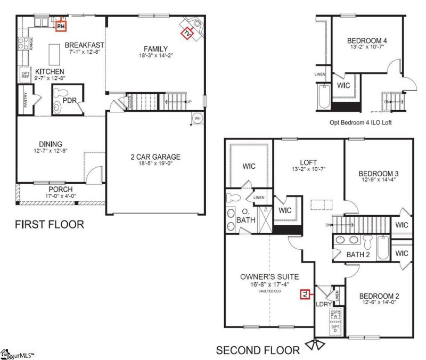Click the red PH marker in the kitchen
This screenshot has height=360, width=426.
coord(61,25)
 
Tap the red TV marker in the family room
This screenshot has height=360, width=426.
coord(187,34)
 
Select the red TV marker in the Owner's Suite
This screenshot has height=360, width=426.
coord(305,294)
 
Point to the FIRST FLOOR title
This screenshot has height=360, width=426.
coord(49,224)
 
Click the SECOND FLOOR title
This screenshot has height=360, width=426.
coord(257,350)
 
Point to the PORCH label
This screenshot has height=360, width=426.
coord(61,189)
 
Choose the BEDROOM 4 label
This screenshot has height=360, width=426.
coord(367,40)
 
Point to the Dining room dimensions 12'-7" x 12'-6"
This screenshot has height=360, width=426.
coord(51,151)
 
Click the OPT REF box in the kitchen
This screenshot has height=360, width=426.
coord(25,75)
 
